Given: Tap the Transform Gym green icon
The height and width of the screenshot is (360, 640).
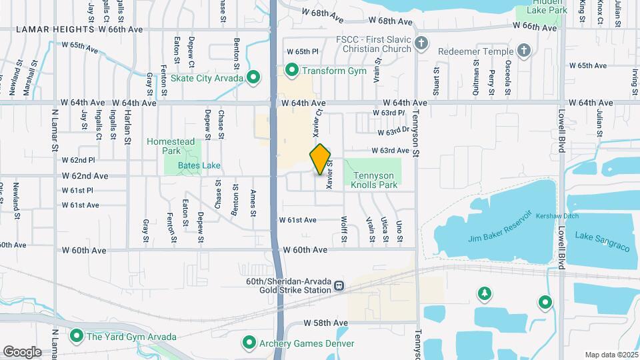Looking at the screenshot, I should click(291, 70).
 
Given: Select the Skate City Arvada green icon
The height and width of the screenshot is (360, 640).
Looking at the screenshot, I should click(253, 78).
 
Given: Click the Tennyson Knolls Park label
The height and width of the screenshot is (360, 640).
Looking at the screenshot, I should click(373, 180).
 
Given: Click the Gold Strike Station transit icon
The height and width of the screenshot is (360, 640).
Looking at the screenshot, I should click(339, 286).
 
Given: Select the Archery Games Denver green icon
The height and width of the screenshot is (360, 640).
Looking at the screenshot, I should click(249, 343).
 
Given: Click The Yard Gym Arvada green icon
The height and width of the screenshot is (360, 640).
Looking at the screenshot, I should click(76, 337).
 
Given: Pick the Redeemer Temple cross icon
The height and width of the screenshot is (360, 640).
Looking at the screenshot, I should click(524, 51).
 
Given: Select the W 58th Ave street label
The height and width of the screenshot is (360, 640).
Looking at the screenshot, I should click(326, 323).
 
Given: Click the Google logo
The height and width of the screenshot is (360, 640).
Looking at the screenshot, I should click(22, 351).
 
